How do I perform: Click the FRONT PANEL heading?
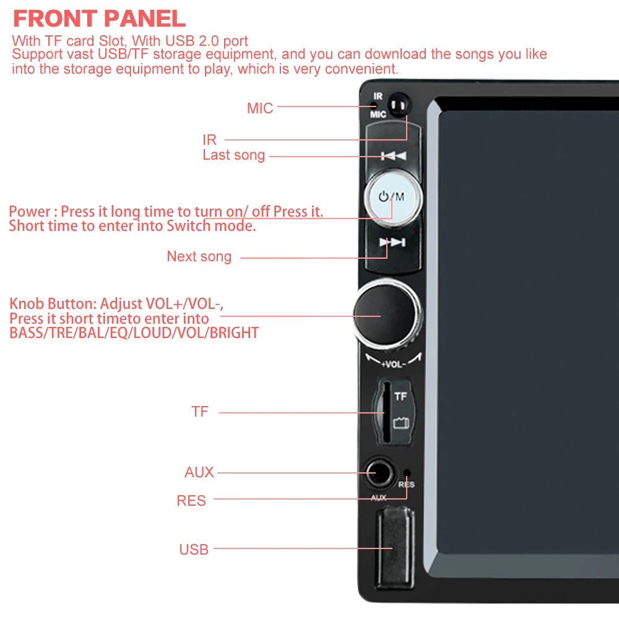point(99,19)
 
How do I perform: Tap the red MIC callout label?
point(260,108)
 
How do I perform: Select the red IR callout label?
point(210,140)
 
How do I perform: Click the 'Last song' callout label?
point(233,155)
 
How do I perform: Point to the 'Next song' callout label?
point(199,256)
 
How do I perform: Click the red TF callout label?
point(200,412)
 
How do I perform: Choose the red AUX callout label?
point(199,472)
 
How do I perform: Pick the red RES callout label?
point(191,500)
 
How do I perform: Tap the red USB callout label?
point(194,549)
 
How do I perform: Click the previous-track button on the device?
point(393,155)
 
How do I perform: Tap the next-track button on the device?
point(392,243)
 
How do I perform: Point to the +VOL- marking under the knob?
point(393,364)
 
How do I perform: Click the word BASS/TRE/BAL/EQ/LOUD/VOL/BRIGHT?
point(134,333)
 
